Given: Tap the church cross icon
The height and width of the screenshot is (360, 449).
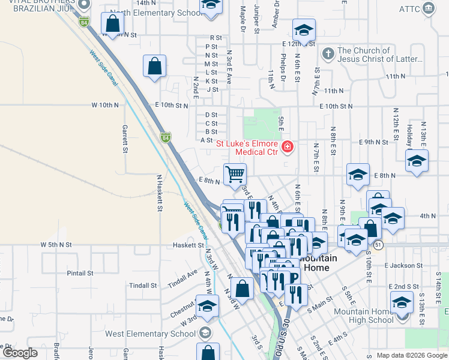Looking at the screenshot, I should click(x=327, y=54).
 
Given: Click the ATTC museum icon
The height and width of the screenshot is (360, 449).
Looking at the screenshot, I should click(x=428, y=8).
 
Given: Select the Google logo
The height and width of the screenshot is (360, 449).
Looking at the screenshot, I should click(x=20, y=353).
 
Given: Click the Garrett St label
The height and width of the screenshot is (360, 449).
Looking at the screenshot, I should click(x=125, y=139).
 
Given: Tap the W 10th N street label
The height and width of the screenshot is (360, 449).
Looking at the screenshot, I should click(x=106, y=105).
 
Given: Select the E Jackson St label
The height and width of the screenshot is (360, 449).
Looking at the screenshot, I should click(x=406, y=265).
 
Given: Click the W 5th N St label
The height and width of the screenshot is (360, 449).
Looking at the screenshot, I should click(x=56, y=245).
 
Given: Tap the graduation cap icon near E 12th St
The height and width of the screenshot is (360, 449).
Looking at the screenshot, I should click(x=304, y=30).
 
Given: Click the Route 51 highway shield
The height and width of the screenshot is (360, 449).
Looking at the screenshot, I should click(x=378, y=245).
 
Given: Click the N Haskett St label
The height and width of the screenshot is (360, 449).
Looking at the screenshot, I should click(x=160, y=193).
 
